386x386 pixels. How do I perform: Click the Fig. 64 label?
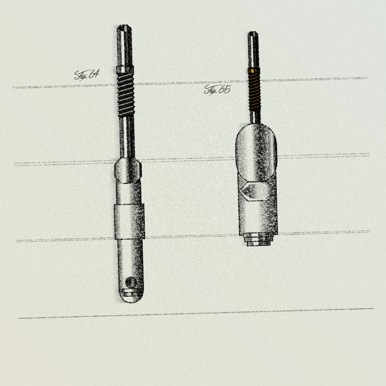[x=87, y=75]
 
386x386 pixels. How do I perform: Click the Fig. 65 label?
[x=217, y=90]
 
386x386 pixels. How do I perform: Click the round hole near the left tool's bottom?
[x=131, y=282]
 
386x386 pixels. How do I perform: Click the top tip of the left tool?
[x=124, y=25]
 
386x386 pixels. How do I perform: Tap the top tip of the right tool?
[x=253, y=32]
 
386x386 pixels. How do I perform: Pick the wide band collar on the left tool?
[x=129, y=222]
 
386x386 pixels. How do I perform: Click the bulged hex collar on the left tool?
[x=128, y=171]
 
